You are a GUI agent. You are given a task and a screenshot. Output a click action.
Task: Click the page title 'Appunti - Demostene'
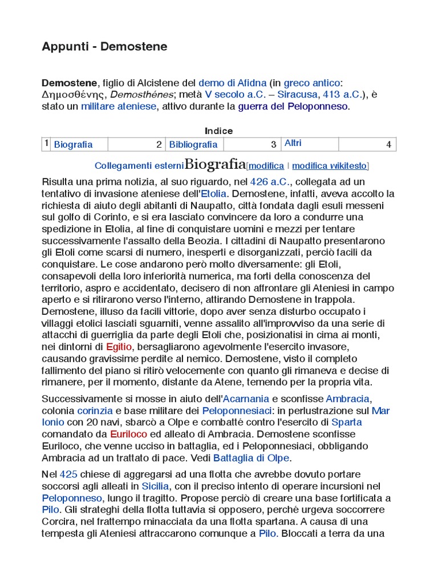click(x=104, y=47)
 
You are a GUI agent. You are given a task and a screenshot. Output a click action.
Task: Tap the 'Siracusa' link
click(x=298, y=94)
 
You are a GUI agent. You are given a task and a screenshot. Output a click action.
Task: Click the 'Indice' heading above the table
click(x=219, y=131)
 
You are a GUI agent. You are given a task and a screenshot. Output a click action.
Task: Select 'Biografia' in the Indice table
click(x=73, y=144)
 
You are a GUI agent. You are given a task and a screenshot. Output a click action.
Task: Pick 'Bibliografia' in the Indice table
click(x=193, y=144)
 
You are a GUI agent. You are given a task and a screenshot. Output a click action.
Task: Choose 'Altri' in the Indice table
click(x=293, y=143)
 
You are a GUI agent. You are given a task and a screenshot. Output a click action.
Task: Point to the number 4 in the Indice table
click(x=388, y=144)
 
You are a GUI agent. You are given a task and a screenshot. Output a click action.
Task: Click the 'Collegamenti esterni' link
click(x=139, y=166)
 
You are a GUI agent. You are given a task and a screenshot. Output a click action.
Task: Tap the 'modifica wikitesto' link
click(x=330, y=166)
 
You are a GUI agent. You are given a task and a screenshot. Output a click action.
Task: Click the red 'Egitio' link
click(x=119, y=346)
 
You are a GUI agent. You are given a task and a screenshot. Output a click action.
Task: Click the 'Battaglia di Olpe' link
click(x=252, y=458)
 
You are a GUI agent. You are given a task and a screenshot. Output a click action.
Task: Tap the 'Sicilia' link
click(x=155, y=486)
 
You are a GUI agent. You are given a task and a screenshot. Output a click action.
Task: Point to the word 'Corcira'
click(x=59, y=522)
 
